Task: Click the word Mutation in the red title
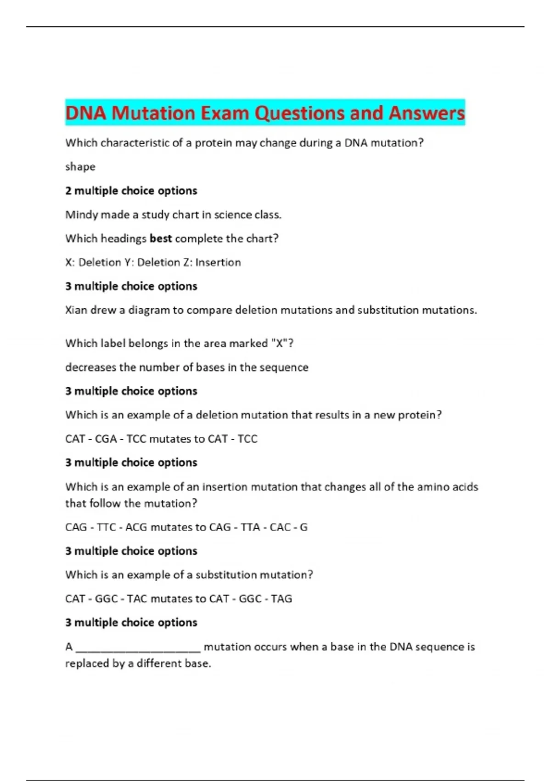[x=153, y=113]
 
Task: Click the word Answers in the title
[x=427, y=113]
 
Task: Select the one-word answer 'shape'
[x=80, y=166]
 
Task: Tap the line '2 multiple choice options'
[x=131, y=191]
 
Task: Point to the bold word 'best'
[x=161, y=238]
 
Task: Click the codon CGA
[x=106, y=439]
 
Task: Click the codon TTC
[x=106, y=527]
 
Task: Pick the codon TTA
[x=250, y=527]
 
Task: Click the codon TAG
[x=281, y=599]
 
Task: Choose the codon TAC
[x=137, y=599]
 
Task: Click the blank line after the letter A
[x=138, y=648]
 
